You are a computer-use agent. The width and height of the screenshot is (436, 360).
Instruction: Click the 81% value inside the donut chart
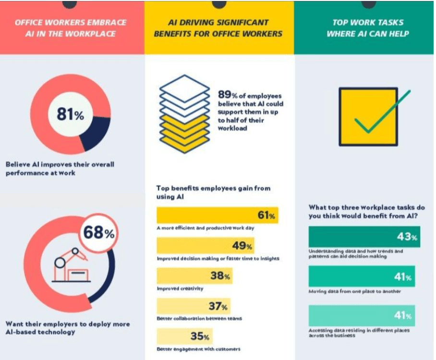[70, 115]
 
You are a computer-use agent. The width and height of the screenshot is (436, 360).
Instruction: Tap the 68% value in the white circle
[99, 233]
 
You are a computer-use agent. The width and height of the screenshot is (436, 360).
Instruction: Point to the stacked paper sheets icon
[185, 114]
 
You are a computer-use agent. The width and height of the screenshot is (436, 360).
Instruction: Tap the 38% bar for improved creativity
[194, 276]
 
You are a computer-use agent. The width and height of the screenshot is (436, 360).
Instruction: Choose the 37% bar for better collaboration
[193, 305]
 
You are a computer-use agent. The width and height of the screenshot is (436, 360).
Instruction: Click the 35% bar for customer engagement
[184, 336]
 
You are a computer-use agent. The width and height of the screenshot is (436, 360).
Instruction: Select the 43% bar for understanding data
[364, 237]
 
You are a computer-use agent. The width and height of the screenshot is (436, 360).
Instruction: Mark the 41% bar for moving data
[361, 276]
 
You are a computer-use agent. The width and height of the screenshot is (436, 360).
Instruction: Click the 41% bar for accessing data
[361, 315]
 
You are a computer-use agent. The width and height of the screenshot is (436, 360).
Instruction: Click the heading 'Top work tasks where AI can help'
[368, 28]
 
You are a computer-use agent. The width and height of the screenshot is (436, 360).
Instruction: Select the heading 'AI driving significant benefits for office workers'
[219, 28]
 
